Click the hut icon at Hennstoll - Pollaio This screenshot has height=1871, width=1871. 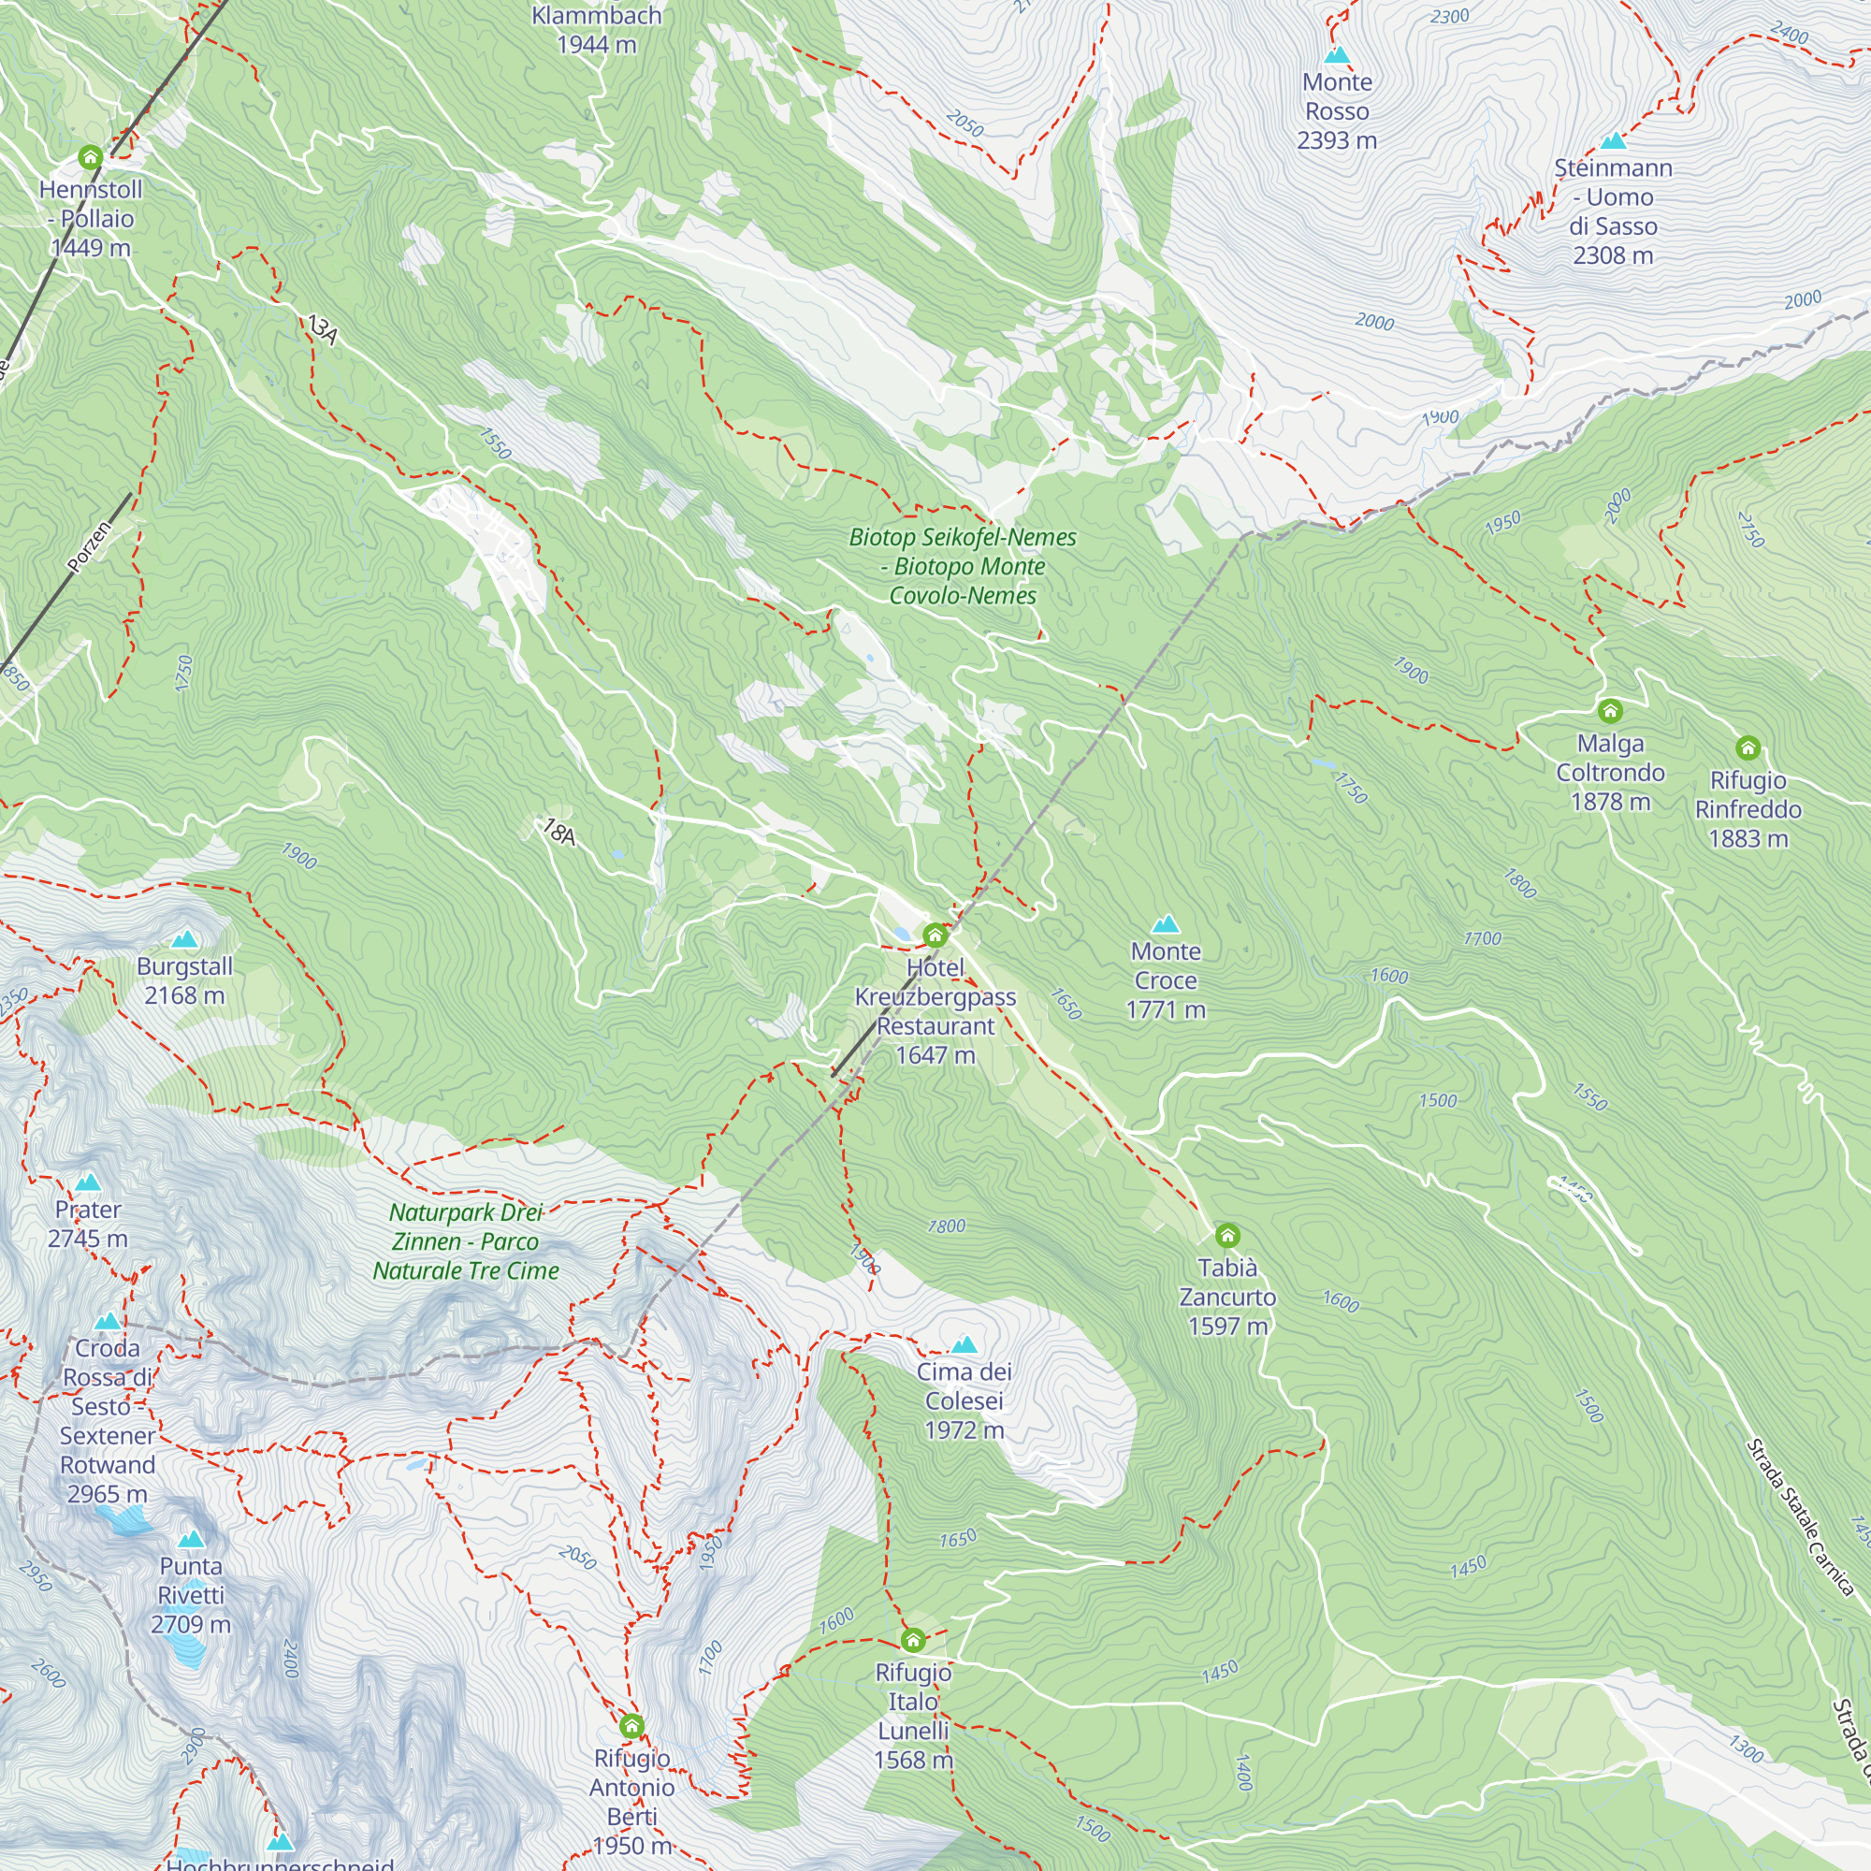click(90, 157)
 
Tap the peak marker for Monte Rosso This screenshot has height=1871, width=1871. click(1337, 55)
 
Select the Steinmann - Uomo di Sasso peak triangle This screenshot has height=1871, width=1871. click(1613, 141)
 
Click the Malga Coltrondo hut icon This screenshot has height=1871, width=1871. click(1609, 712)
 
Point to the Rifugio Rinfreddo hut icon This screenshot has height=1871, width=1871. click(1747, 747)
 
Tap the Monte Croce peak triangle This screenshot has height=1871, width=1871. click(1165, 924)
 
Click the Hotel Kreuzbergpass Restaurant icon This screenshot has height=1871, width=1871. click(935, 935)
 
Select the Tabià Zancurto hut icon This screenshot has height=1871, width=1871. click(1227, 1236)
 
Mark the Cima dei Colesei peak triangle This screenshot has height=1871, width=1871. click(964, 1345)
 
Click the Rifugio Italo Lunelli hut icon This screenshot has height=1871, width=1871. click(912, 1641)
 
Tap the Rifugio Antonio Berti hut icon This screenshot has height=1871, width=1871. click(631, 1727)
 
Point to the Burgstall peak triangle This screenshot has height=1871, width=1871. click(184, 939)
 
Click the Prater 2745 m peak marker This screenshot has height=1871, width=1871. click(88, 1182)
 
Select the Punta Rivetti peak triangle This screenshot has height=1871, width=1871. click(191, 1539)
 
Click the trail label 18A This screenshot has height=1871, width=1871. click(558, 832)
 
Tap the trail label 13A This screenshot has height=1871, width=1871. click(323, 330)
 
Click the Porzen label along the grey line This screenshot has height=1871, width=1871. click(90, 545)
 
